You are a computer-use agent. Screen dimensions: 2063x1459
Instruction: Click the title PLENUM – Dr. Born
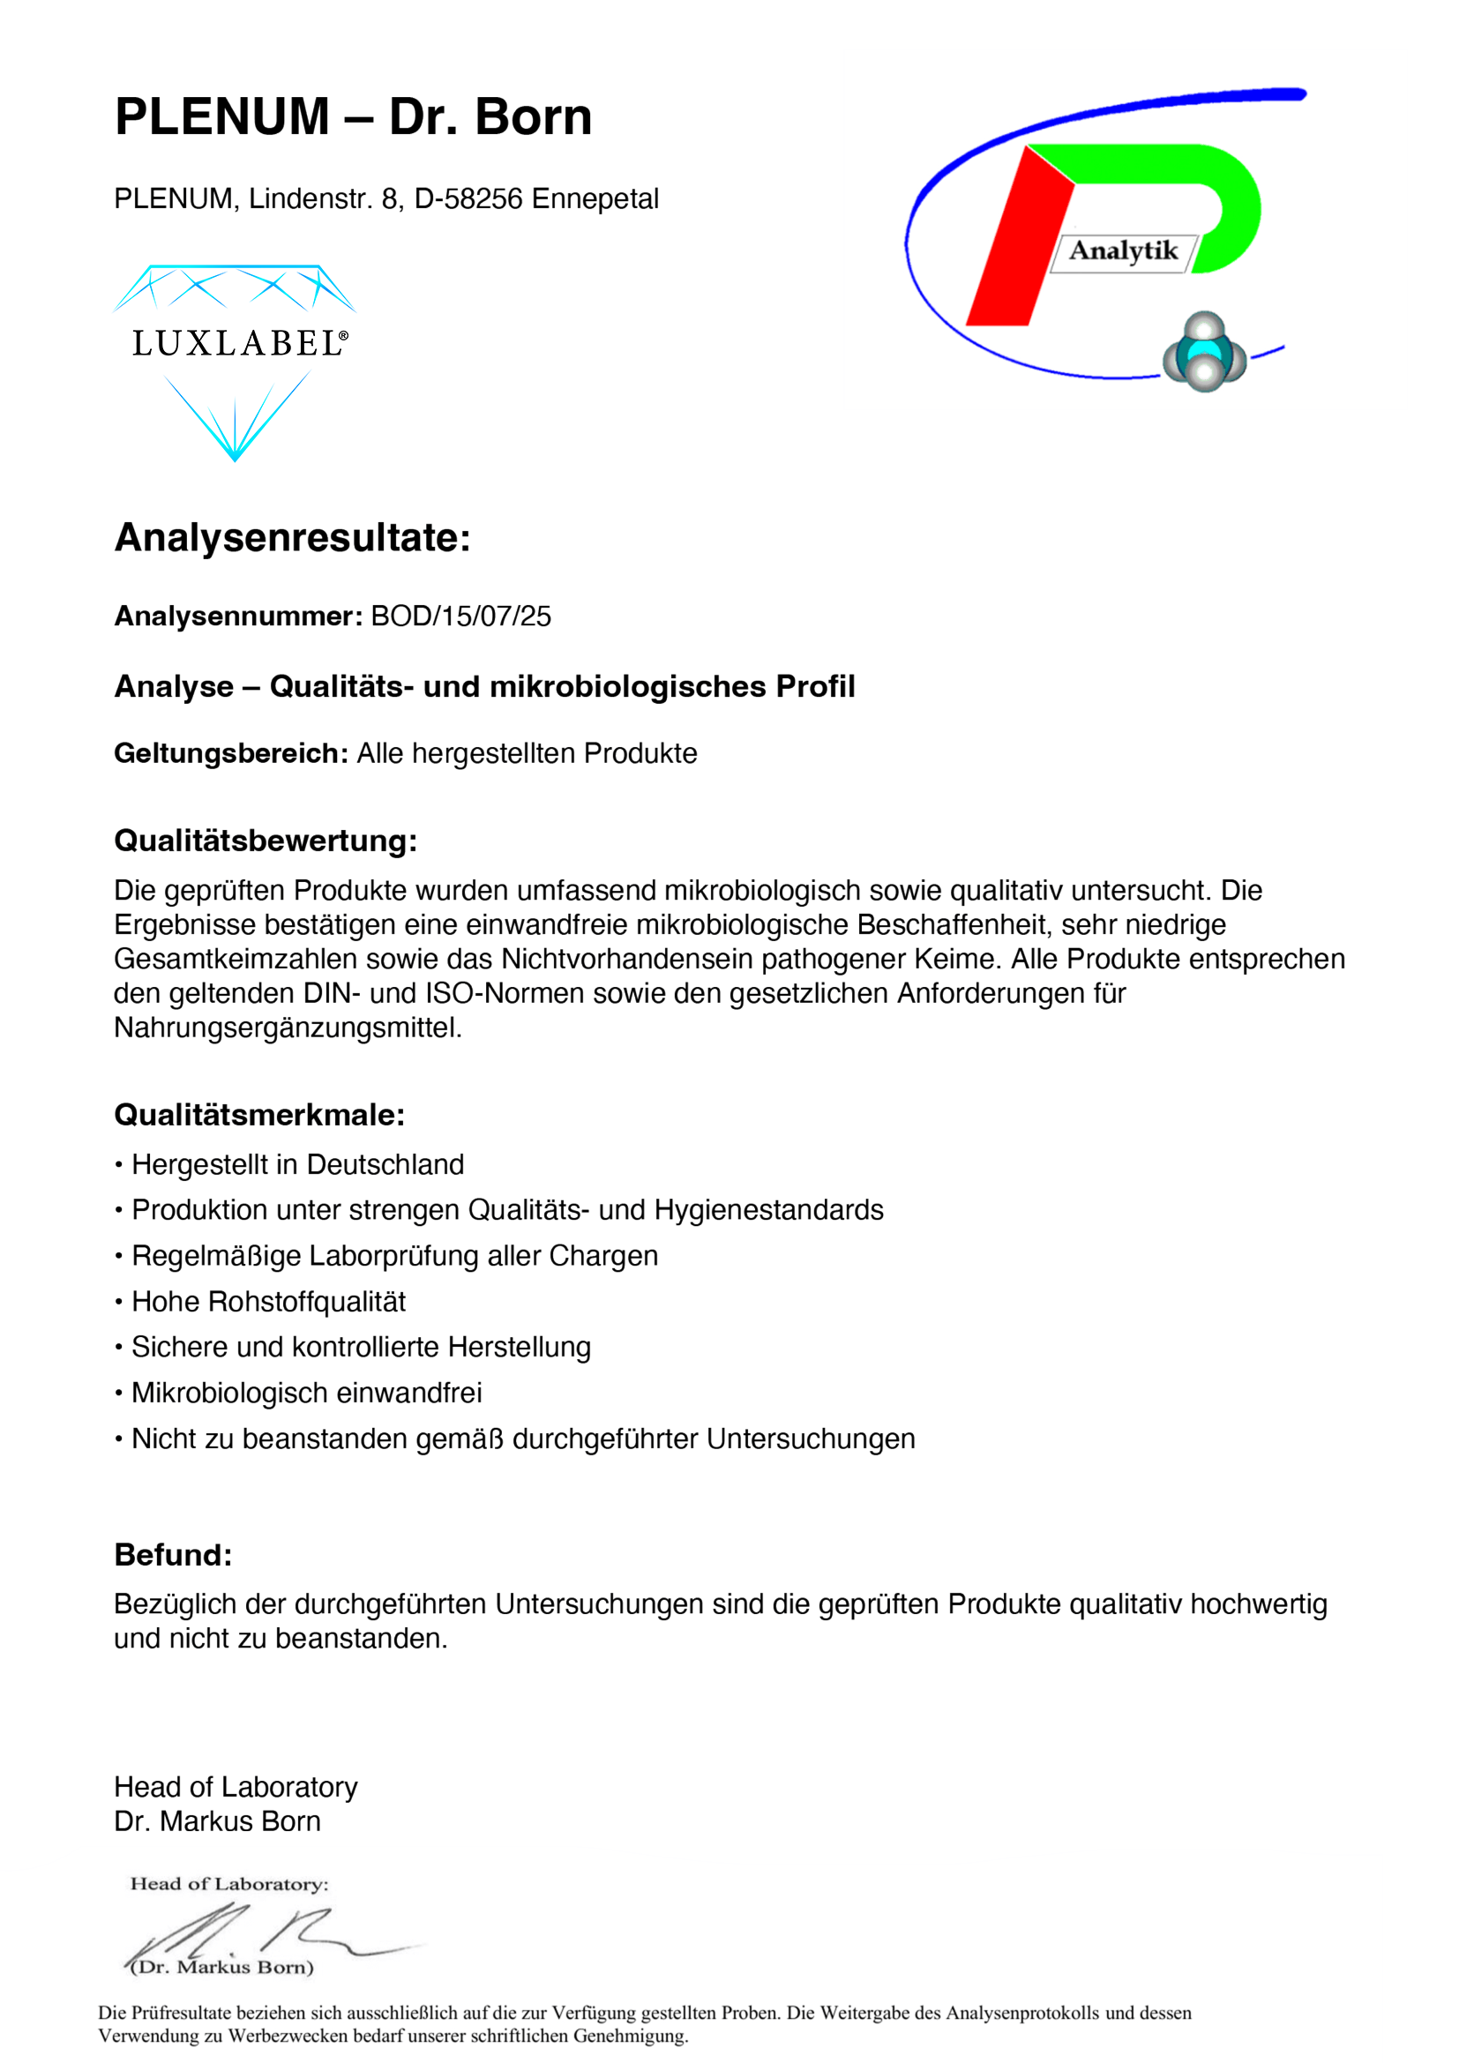point(353,116)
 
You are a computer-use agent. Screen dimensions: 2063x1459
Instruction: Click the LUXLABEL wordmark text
point(238,343)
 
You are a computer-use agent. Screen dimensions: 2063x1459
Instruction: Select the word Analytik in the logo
point(1122,250)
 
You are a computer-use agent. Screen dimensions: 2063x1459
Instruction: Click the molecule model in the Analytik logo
point(1204,352)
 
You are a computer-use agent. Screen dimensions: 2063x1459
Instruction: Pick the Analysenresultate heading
point(292,538)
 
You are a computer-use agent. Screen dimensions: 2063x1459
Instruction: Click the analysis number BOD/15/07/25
point(460,617)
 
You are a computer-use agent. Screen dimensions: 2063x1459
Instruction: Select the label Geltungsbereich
point(231,753)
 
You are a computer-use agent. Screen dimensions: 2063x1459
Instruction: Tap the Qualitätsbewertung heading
point(265,841)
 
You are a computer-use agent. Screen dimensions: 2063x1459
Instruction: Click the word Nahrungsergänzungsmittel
point(288,1028)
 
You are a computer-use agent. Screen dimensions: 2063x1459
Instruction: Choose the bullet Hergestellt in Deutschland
point(297,1164)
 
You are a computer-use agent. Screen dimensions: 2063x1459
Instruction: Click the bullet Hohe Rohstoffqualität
point(269,1301)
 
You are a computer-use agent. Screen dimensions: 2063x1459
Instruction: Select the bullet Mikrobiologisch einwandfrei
point(306,1393)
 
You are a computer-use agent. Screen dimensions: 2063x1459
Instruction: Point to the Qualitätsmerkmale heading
point(259,1115)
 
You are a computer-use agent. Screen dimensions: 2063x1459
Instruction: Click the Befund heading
point(174,1554)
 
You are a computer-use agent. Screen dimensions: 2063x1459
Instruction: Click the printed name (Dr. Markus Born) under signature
point(222,1967)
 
